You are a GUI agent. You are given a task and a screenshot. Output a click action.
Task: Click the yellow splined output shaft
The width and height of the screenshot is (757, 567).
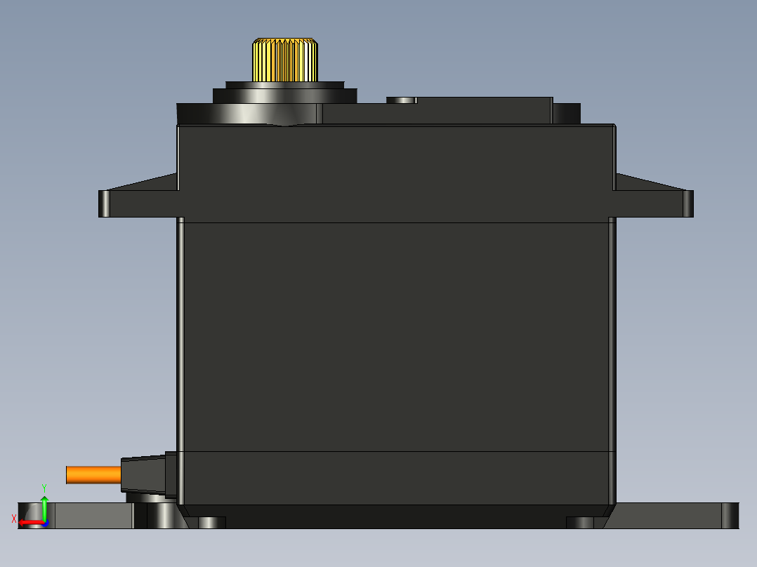pos(284,60)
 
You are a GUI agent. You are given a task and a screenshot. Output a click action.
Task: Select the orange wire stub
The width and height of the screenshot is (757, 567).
pos(93,475)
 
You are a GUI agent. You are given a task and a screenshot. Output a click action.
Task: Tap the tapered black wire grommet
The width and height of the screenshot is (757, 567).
pos(143,474)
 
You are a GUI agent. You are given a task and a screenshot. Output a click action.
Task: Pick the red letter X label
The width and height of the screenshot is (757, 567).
pos(14,519)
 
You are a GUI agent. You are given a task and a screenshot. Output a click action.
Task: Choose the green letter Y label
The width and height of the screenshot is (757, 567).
pos(44,487)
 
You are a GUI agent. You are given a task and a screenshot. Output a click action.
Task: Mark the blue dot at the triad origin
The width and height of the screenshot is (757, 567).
pos(45,522)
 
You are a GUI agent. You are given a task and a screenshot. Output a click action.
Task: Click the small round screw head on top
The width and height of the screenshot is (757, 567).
pos(402,100)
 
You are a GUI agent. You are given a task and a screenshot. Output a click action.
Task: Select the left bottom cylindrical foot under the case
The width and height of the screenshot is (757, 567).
pos(211,523)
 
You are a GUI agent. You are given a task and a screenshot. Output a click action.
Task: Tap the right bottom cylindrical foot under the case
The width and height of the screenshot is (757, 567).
pos(580,523)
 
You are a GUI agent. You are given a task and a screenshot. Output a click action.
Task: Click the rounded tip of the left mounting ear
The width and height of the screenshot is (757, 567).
pos(105,204)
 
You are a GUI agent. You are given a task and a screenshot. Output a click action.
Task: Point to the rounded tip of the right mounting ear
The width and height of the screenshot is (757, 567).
pos(688,204)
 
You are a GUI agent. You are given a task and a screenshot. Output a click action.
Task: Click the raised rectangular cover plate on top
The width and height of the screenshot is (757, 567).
pos(435,111)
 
